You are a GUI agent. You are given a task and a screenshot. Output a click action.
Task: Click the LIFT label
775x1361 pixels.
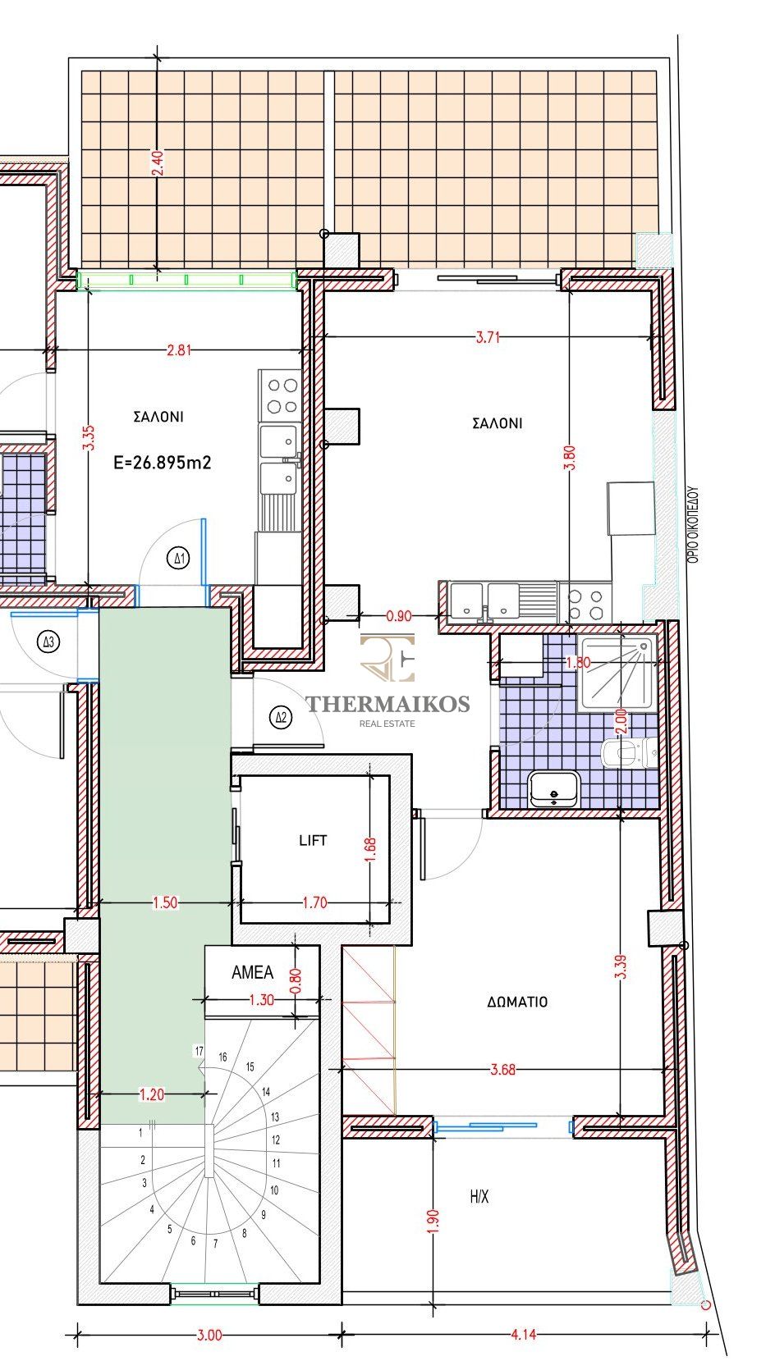point(313,840)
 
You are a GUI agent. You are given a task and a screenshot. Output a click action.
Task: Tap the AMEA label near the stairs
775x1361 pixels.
point(252,972)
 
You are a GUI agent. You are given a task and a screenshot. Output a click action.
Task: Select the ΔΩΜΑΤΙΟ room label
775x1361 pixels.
point(517,1002)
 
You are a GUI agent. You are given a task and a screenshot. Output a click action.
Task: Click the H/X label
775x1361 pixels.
point(479,1197)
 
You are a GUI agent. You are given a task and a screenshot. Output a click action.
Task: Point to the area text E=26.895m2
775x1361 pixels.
point(163,463)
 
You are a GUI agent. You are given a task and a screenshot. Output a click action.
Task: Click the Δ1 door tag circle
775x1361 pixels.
point(180,558)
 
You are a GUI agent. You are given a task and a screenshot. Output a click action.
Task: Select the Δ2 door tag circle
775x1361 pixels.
point(281,718)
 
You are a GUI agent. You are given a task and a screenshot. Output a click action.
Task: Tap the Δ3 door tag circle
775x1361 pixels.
point(48,642)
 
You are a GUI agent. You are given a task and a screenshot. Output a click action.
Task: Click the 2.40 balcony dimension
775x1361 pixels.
point(158,163)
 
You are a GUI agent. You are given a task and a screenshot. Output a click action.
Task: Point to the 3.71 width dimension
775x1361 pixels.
point(488,338)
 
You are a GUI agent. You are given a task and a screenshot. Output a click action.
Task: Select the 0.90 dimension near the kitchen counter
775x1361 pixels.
point(399,616)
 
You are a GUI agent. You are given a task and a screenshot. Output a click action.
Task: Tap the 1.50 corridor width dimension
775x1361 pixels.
point(165,903)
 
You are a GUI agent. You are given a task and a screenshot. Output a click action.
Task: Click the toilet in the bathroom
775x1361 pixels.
point(629,753)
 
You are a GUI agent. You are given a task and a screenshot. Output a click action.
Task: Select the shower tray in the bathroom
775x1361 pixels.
point(617,674)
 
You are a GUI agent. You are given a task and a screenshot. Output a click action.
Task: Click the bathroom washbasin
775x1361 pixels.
point(553,788)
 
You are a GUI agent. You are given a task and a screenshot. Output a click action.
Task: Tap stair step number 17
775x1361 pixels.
point(199,1051)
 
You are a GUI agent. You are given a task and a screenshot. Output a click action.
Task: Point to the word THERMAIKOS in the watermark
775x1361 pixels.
point(387,704)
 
